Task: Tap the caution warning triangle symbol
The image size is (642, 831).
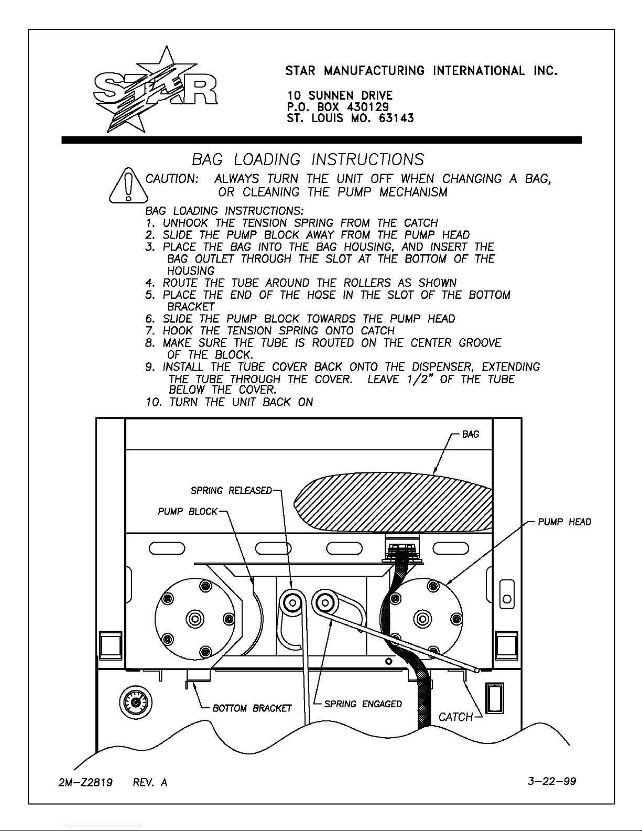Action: click(128, 186)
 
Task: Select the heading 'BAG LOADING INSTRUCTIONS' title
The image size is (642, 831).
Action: click(308, 159)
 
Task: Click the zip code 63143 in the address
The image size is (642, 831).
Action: click(396, 118)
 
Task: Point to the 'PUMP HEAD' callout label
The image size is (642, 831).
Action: click(564, 522)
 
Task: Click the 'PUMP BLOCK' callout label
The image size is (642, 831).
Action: click(188, 512)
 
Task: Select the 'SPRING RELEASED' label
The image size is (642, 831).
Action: click(231, 491)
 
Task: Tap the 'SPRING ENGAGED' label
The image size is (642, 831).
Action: click(363, 704)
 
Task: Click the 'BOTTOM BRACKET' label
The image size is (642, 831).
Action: click(252, 709)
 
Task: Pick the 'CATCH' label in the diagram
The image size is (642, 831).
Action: click(455, 717)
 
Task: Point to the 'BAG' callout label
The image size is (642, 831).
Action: click(471, 435)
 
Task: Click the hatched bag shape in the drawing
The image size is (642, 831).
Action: click(393, 502)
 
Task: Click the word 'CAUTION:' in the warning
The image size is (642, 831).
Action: click(172, 179)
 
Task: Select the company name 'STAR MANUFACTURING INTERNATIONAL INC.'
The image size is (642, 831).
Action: click(421, 71)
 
